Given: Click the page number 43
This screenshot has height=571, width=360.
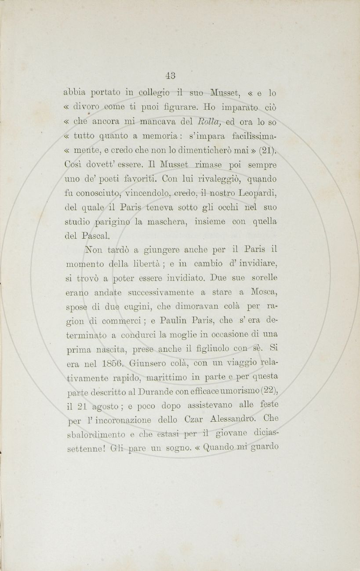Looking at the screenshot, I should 171,75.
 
